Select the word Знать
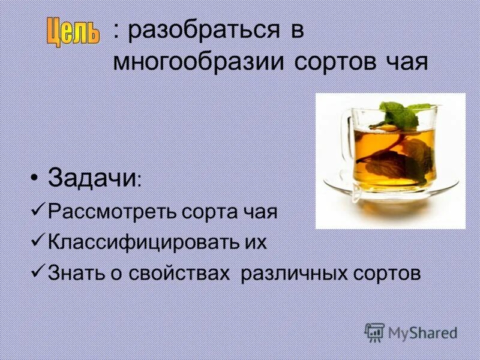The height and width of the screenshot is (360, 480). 70,273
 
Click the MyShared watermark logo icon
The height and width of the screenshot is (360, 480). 374,332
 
